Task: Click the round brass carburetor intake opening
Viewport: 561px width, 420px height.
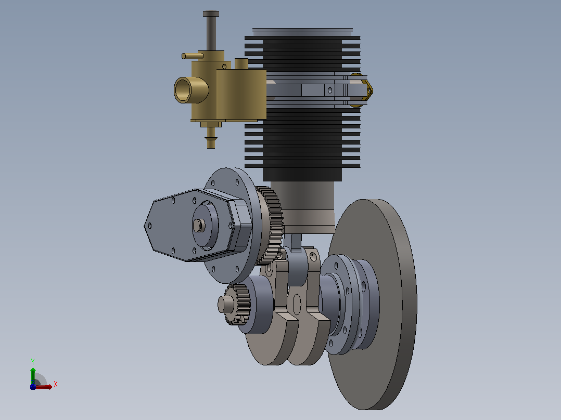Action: click(x=183, y=90)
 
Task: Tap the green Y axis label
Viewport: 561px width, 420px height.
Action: click(x=33, y=361)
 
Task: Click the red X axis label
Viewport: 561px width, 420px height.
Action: click(x=56, y=385)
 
